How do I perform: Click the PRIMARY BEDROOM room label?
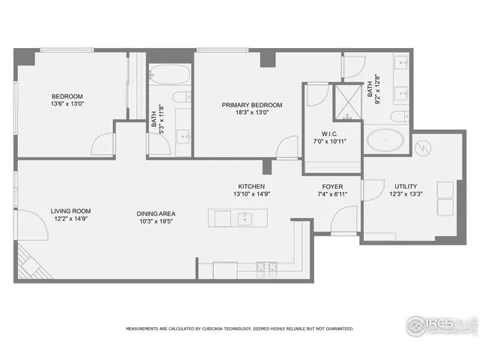pyautogui.click(x=251, y=105)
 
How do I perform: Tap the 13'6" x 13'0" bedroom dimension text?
pyautogui.click(x=67, y=104)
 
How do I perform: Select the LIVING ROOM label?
pyautogui.click(x=70, y=211)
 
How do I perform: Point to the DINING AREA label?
pyautogui.click(x=156, y=213)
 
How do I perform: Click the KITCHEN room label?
pyautogui.click(x=251, y=186)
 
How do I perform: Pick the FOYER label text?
pyautogui.click(x=333, y=186)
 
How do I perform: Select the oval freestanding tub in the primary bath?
pyautogui.click(x=387, y=140)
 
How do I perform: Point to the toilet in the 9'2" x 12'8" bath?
pyautogui.click(x=401, y=115)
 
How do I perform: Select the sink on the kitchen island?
pyautogui.click(x=243, y=218)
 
